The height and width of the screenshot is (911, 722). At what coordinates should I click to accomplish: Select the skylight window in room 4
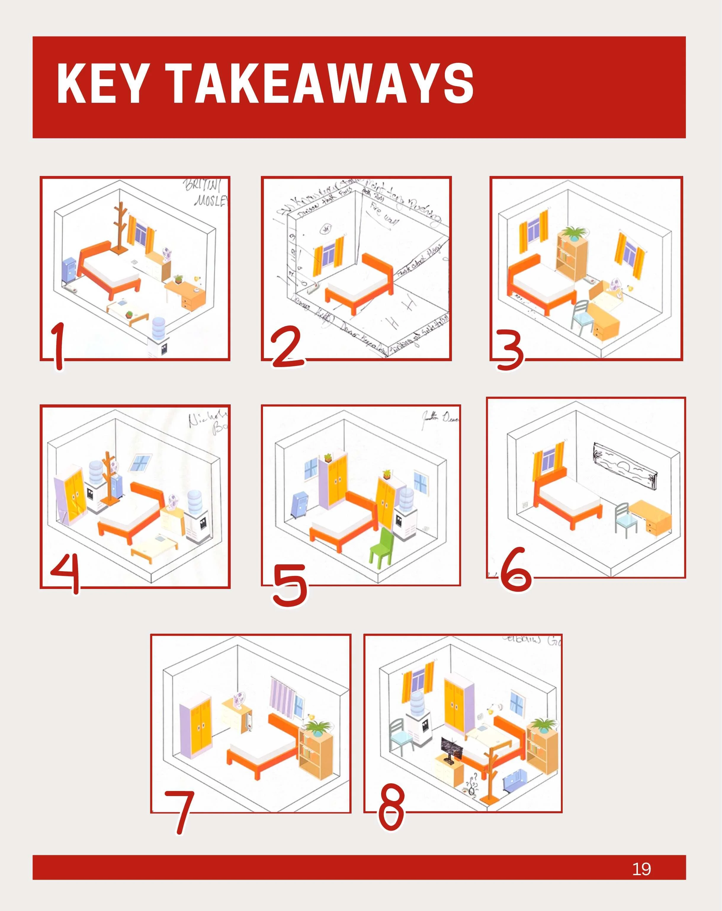[140, 463]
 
